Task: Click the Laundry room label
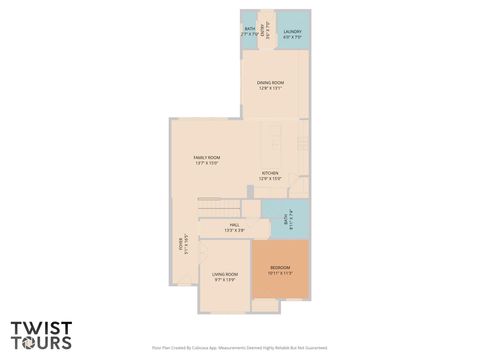[292, 32]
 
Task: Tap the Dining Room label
[270, 83]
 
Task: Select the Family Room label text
[207, 157]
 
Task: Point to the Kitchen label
[270, 173]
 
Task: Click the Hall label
[233, 225]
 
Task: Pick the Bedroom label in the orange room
[281, 268]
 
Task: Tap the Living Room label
[225, 274]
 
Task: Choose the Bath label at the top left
[249, 29]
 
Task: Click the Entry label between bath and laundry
[264, 30]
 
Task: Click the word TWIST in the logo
[40, 328]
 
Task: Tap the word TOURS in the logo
[42, 342]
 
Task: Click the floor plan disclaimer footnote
[239, 348]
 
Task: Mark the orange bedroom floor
[281, 283]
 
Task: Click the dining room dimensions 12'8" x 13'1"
[270, 89]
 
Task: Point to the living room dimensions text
[225, 279]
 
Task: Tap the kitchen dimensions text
[270, 179]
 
